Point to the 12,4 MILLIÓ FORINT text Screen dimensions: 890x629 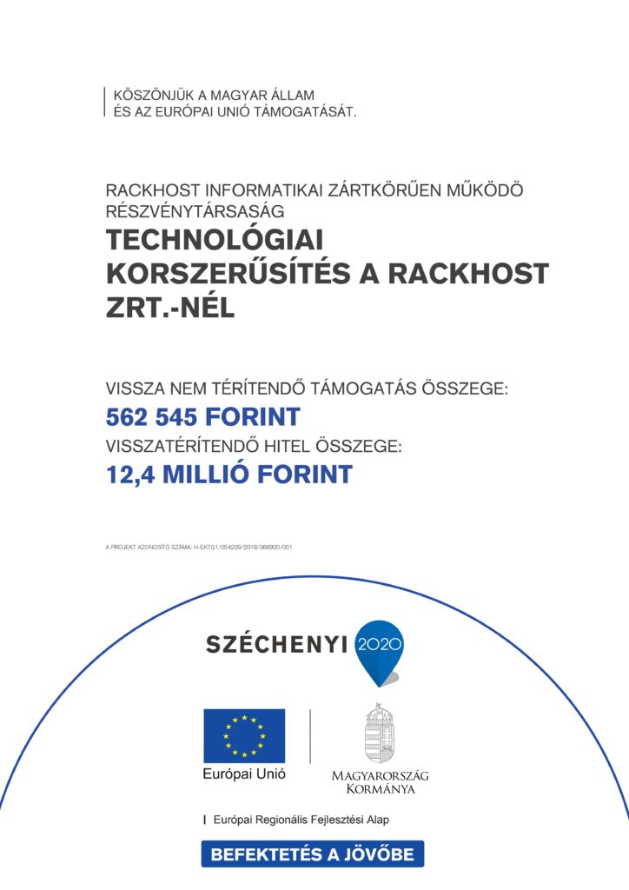pyautogui.click(x=229, y=475)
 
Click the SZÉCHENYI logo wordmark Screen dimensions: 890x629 pyautogui.click(x=275, y=644)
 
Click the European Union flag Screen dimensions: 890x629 pyautogui.click(x=244, y=735)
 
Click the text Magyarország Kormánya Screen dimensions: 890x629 pyautogui.click(x=380, y=781)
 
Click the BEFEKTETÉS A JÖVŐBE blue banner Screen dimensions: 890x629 pyautogui.click(x=313, y=854)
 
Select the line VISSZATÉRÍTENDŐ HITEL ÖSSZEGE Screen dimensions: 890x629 pyautogui.click(x=254, y=447)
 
